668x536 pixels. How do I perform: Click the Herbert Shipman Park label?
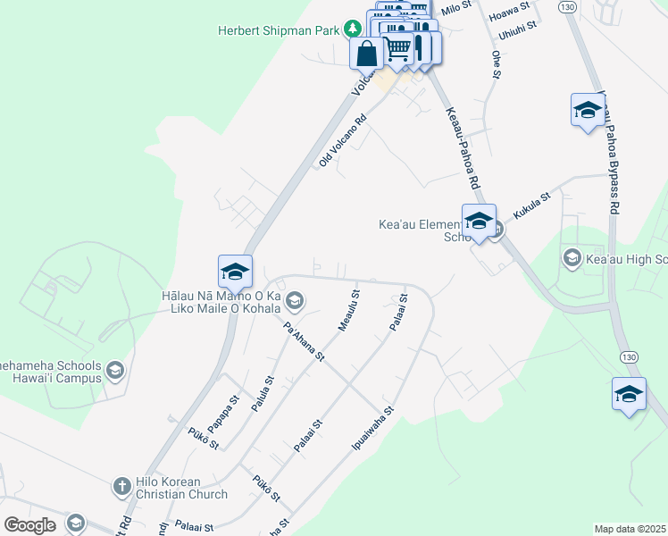point(279,30)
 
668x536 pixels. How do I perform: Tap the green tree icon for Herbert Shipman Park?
point(354,29)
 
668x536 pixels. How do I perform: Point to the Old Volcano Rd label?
point(343,141)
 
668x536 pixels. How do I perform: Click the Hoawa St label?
point(510,13)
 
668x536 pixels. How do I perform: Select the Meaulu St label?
point(349,310)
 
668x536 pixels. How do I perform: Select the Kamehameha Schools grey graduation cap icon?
point(114,370)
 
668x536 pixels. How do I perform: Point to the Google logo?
point(30,525)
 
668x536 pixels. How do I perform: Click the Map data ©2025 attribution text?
point(630,529)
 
